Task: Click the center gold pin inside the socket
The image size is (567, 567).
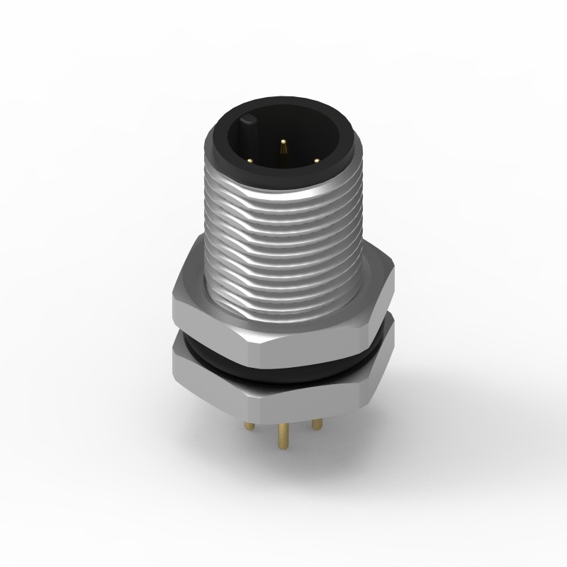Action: point(283,148)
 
